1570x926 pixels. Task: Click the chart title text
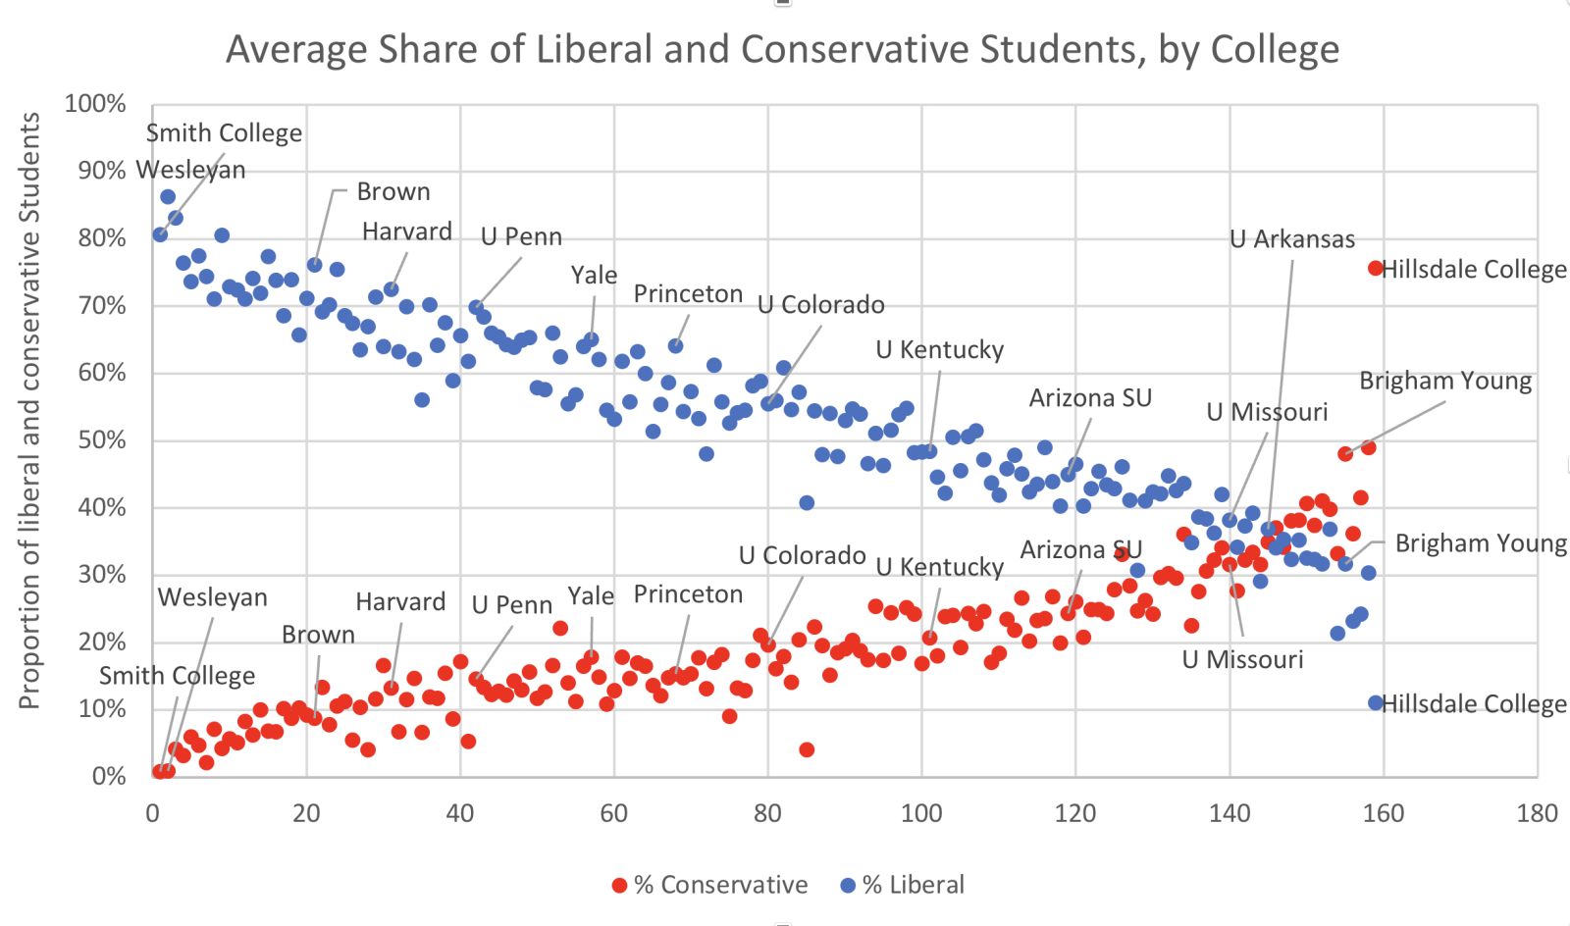[x=782, y=49]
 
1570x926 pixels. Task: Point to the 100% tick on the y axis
[x=95, y=104]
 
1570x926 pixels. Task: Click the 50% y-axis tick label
[x=102, y=440]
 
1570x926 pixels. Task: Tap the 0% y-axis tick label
[x=109, y=777]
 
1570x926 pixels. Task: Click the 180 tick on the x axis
[x=1537, y=813]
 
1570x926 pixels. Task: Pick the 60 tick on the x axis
[x=614, y=813]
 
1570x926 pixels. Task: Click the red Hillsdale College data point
[x=1376, y=269]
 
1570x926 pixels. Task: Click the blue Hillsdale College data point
[x=1376, y=703]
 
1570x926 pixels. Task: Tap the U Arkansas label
[x=1292, y=239]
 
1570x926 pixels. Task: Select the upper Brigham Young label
[x=1444, y=382]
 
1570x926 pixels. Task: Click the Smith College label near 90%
[x=224, y=133]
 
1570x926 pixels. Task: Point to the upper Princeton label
[x=688, y=294]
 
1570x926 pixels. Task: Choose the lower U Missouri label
[x=1242, y=659]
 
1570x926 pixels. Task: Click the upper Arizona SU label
[x=1090, y=398]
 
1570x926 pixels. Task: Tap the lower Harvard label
[x=400, y=601]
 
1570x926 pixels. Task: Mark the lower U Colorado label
[x=802, y=556]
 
